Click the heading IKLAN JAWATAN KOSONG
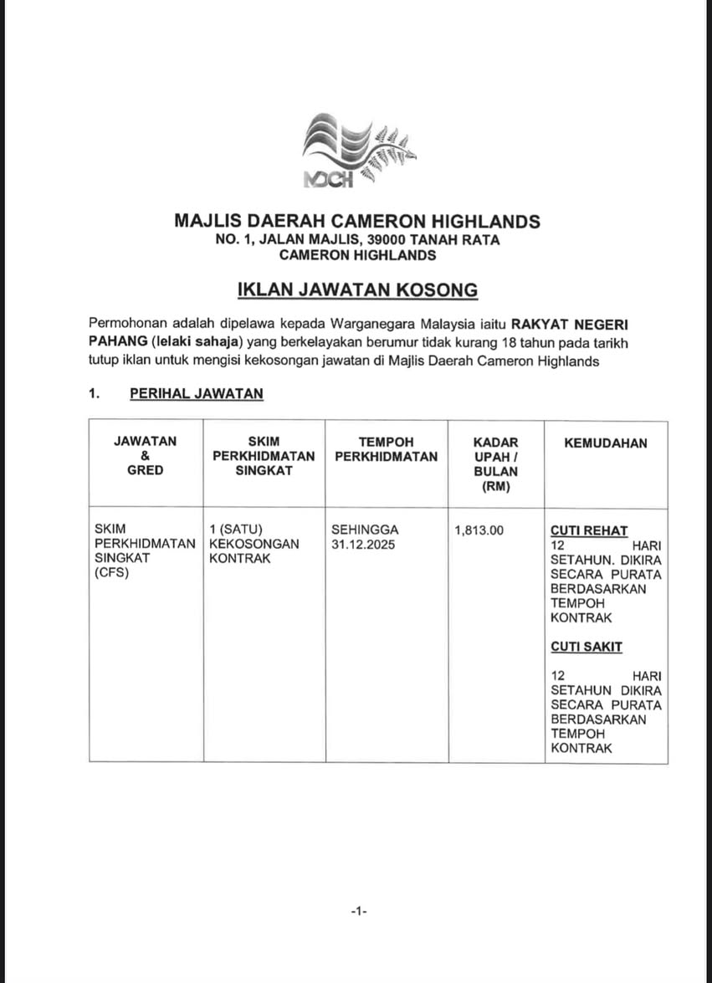(x=357, y=290)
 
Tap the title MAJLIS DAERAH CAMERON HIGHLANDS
(x=357, y=222)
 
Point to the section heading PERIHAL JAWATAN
(x=196, y=394)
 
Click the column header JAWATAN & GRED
(x=146, y=456)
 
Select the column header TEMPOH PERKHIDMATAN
(x=386, y=449)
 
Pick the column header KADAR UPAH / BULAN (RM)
(x=496, y=463)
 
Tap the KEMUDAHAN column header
(x=605, y=443)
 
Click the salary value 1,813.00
(x=479, y=530)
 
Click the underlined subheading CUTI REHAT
(x=589, y=531)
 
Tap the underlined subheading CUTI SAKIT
(x=586, y=647)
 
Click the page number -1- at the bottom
(x=358, y=909)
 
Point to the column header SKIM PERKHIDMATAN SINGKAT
(x=264, y=456)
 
